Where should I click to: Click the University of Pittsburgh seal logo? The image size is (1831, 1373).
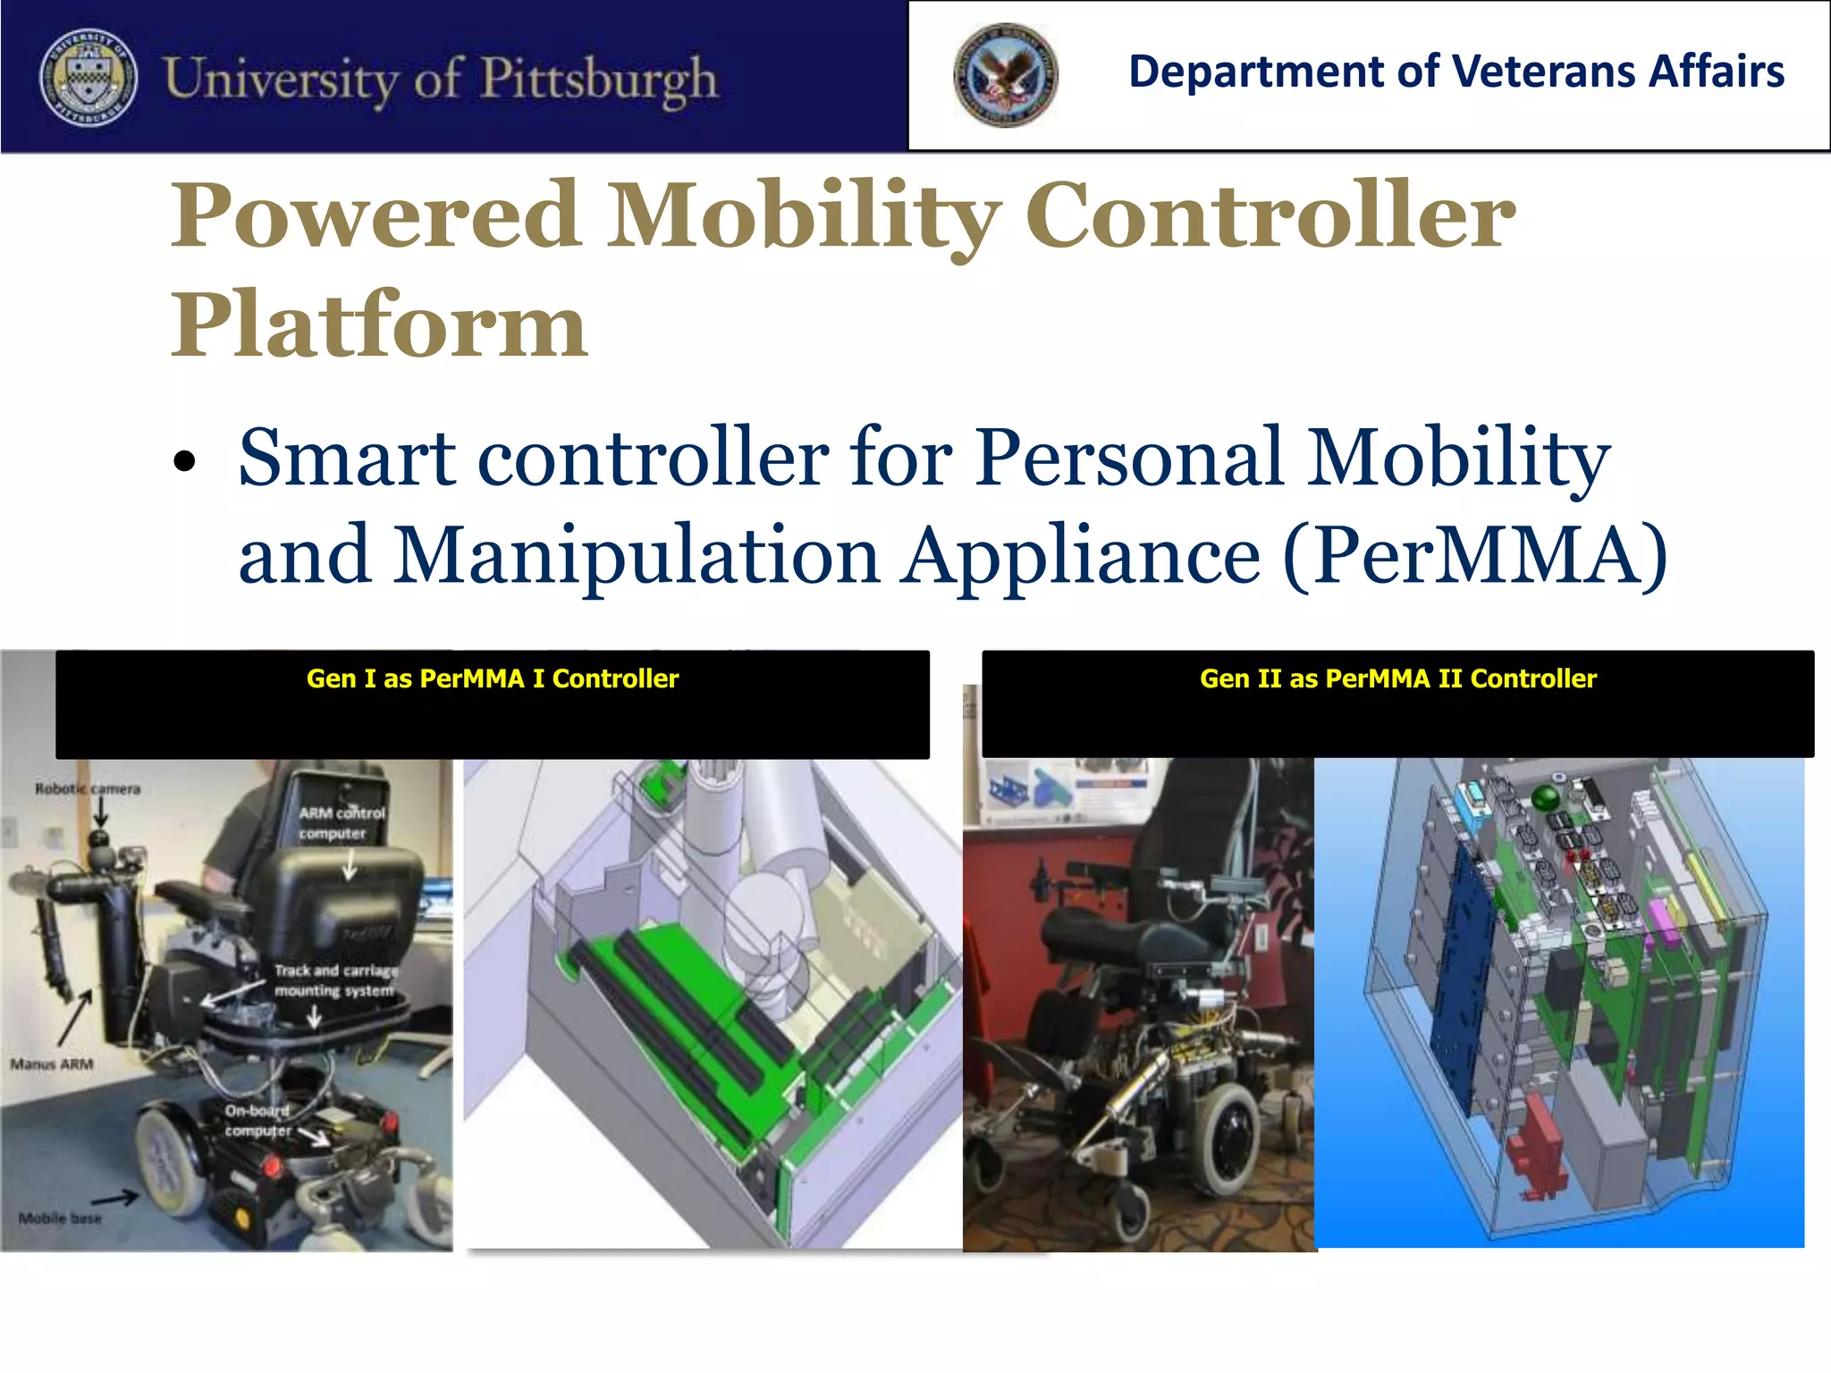click(x=89, y=77)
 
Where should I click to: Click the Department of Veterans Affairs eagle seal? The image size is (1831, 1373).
click(x=1005, y=75)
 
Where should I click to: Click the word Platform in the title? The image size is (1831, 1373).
click(x=379, y=325)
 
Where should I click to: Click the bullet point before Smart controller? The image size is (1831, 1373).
click(x=184, y=462)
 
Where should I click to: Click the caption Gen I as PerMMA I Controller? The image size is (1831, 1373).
click(x=492, y=678)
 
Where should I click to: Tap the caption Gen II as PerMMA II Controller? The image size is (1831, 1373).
click(x=1397, y=678)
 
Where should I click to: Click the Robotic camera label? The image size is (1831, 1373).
click(x=88, y=788)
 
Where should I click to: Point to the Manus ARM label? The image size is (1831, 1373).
click(x=52, y=1064)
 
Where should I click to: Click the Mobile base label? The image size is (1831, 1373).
click(x=60, y=1218)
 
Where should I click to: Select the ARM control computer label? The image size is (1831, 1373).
click(x=341, y=823)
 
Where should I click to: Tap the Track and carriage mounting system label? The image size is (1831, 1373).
click(x=335, y=981)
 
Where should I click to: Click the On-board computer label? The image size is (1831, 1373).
click(x=258, y=1121)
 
